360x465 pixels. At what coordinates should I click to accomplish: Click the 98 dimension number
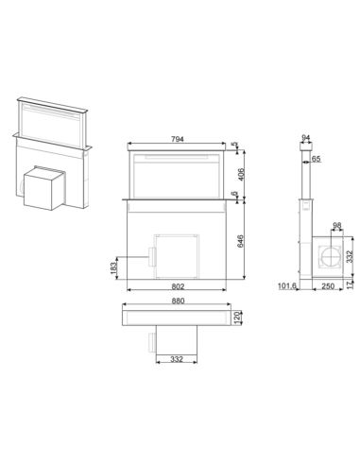(x=337, y=225)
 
